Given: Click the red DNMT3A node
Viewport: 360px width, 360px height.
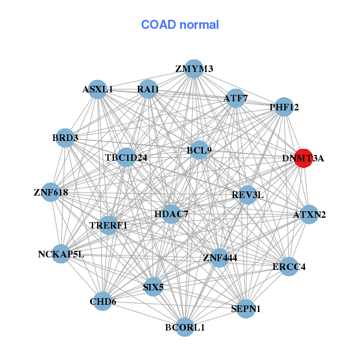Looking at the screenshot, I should pyautogui.click(x=304, y=158).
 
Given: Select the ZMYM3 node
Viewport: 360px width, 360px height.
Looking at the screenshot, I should pyautogui.click(x=193, y=69).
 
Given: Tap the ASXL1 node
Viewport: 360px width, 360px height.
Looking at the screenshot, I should pyautogui.click(x=98, y=89).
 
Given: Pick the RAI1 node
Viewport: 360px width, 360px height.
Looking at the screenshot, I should pyautogui.click(x=148, y=89).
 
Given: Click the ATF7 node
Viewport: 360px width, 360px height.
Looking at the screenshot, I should pyautogui.click(x=236, y=98).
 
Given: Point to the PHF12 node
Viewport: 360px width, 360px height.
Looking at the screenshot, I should pyautogui.click(x=284, y=107).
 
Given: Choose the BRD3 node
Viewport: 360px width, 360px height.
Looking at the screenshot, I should pyautogui.click(x=65, y=138).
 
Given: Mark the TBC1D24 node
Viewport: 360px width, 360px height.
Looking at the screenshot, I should pyautogui.click(x=126, y=158).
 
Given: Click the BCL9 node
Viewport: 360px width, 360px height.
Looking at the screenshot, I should pyautogui.click(x=199, y=150).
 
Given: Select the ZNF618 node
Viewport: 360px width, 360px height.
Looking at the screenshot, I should pyautogui.click(x=51, y=193).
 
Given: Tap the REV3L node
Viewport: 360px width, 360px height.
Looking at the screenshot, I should pyautogui.click(x=247, y=195).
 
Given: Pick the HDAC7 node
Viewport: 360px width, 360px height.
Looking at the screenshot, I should pyautogui.click(x=171, y=214).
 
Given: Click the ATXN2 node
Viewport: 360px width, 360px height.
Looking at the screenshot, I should pyautogui.click(x=309, y=214).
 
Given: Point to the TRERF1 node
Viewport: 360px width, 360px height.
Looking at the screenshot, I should pyautogui.click(x=109, y=225).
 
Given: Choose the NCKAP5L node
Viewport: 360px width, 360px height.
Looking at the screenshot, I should pyautogui.click(x=61, y=254).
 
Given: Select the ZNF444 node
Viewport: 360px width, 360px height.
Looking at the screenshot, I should pyautogui.click(x=220, y=258).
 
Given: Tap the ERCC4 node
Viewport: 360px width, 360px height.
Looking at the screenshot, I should pyautogui.click(x=289, y=266).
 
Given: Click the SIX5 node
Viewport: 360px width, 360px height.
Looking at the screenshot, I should pyautogui.click(x=154, y=287).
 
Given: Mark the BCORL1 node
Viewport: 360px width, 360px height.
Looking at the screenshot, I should pyautogui.click(x=185, y=327).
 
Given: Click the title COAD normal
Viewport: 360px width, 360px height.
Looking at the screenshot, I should pyautogui.click(x=180, y=25).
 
